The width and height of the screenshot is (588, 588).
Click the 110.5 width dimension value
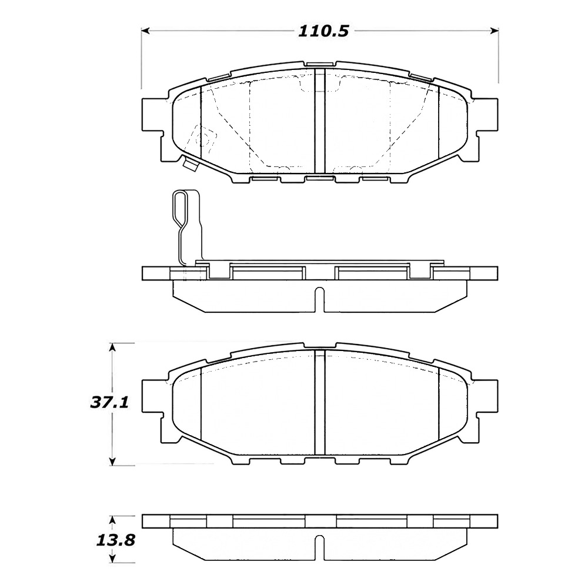point(323,31)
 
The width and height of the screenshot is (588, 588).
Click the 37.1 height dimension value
point(109,403)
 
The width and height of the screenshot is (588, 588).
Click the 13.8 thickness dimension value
point(115,541)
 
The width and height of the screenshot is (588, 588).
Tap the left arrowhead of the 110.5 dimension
point(145,31)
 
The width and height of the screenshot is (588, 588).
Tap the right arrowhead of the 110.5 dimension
point(495,31)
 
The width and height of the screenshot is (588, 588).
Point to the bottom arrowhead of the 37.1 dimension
point(112,461)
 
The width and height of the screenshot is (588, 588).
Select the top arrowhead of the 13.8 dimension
point(112,520)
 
